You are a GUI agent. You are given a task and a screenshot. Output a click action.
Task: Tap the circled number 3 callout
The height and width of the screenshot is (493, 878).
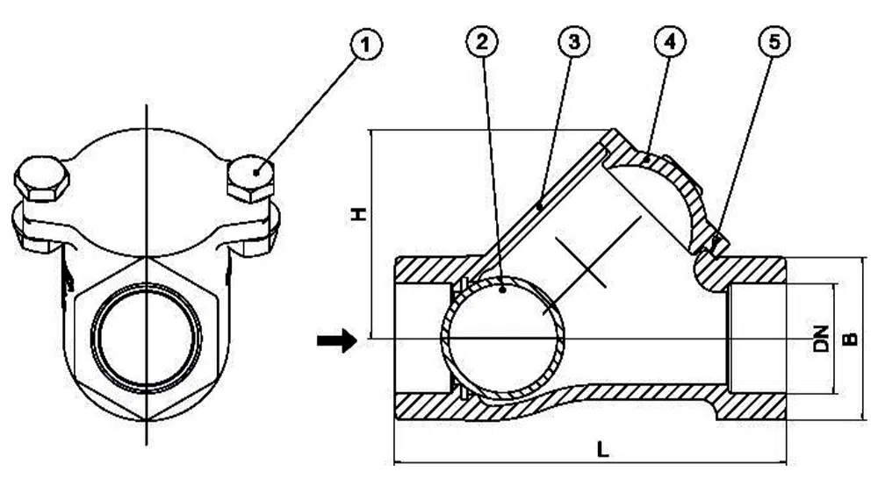tap(574, 41)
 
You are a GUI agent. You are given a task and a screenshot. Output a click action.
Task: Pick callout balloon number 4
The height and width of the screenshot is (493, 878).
tap(670, 42)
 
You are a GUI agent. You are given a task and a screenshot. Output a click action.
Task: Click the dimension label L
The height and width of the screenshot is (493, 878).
tap(602, 450)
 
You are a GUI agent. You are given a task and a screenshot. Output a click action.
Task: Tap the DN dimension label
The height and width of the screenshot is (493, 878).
tap(821, 339)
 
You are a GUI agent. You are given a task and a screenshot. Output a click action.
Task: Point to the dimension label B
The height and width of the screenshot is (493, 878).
tap(849, 338)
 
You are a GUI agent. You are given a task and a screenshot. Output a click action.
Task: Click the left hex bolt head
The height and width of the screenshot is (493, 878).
tap(41, 181)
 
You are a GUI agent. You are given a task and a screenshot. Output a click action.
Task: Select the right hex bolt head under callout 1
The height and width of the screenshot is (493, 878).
tap(251, 179)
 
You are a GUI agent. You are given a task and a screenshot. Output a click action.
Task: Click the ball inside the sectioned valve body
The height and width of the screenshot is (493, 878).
tap(502, 339)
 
